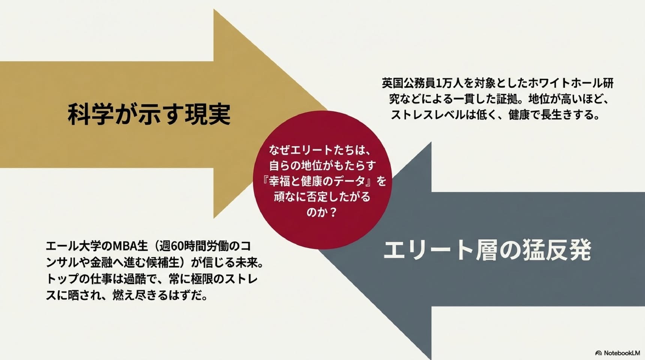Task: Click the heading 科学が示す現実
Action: (x=149, y=114)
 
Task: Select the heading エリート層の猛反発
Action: (x=487, y=250)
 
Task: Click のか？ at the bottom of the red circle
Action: (x=322, y=212)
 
